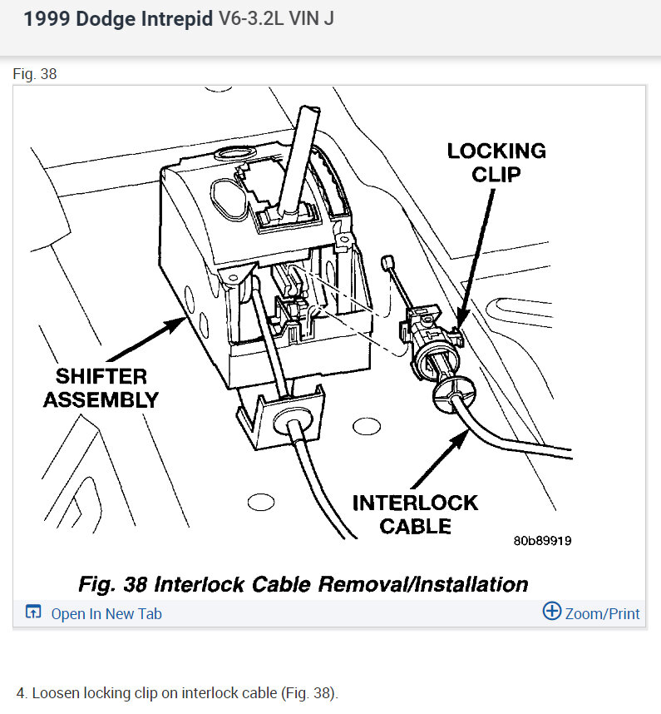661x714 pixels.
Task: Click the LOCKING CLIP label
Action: coord(496,163)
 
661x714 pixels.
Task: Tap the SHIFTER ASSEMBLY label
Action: coord(101,388)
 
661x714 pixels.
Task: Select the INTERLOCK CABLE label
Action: coord(415,514)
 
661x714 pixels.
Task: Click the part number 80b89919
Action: coord(542,541)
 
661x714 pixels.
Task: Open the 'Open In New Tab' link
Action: coord(106,614)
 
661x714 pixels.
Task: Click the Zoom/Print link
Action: coord(602,614)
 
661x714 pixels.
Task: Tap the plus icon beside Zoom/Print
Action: coord(552,612)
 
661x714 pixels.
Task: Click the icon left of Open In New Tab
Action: coord(33,613)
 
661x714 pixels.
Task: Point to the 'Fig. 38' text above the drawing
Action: coord(35,74)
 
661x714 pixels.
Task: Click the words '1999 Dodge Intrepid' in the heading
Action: coord(118,19)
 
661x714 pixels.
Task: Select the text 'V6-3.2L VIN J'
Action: coord(276,19)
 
